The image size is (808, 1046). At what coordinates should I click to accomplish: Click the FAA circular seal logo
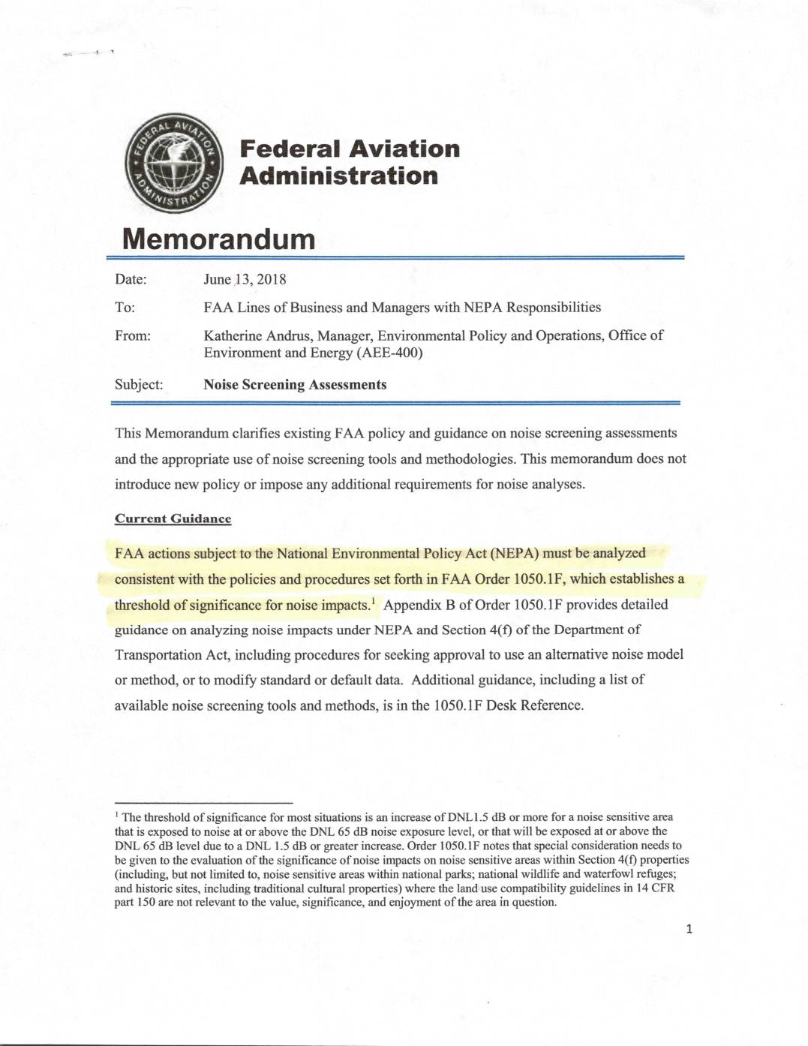tap(175, 163)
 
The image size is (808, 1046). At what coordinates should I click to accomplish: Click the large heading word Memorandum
tap(218, 239)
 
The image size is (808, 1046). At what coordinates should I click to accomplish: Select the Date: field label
tap(131, 280)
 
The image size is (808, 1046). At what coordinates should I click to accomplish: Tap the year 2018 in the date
tap(271, 280)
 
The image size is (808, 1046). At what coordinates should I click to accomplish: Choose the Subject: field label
tap(139, 385)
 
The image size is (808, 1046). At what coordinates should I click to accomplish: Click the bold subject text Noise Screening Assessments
tap(295, 385)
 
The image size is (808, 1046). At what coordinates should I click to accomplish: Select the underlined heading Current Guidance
tap(173, 518)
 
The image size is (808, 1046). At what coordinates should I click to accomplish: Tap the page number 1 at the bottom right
tap(689, 929)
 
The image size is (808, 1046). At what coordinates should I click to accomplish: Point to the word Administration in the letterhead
tap(339, 176)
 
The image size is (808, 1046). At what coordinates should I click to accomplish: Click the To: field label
tap(125, 308)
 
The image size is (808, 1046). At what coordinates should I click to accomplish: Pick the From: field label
tap(133, 335)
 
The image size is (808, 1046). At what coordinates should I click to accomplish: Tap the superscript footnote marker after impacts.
tap(373, 600)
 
